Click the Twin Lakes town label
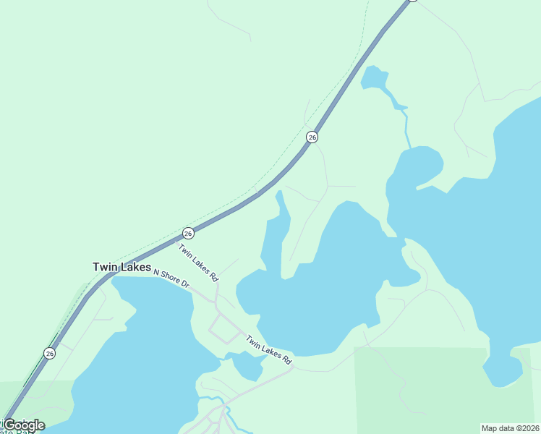[x=122, y=267]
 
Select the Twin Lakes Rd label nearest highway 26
[x=198, y=263]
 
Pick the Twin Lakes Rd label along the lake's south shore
[x=268, y=349]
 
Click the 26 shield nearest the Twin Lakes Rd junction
[x=188, y=233]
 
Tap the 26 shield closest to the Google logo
[x=49, y=353]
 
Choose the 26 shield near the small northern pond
[x=312, y=137]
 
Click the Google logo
[x=23, y=425]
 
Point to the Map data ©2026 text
[x=511, y=428]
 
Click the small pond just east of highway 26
[x=373, y=77]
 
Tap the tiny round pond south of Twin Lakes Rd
[x=248, y=367]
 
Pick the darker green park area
[x=427, y=391]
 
